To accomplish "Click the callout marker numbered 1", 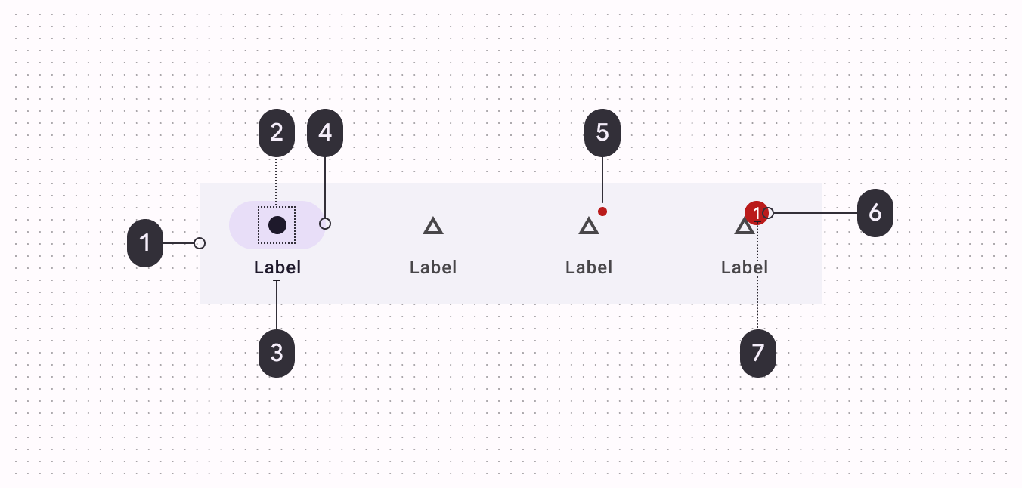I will click(x=145, y=243).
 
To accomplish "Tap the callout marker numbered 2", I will click(x=277, y=133).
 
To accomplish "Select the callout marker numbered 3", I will click(x=277, y=352).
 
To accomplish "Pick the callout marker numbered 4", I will click(x=325, y=133).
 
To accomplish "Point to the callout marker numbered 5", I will click(x=602, y=133).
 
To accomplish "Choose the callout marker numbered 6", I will click(x=875, y=213).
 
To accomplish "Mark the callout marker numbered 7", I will click(x=758, y=353).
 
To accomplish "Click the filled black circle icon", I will click(x=277, y=225).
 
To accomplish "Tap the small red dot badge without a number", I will click(x=602, y=212).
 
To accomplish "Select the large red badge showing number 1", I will click(x=756, y=214).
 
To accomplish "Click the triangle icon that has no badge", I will click(x=433, y=225).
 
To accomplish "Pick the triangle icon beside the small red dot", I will click(x=589, y=225).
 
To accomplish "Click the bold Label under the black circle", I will click(x=277, y=267).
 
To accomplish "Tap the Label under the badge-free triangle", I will click(x=433, y=267).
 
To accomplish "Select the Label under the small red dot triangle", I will click(x=589, y=267).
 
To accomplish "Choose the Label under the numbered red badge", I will click(x=745, y=267).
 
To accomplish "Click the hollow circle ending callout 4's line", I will click(x=325, y=224).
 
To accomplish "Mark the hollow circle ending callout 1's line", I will click(x=200, y=243).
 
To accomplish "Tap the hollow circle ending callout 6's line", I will click(x=768, y=213).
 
